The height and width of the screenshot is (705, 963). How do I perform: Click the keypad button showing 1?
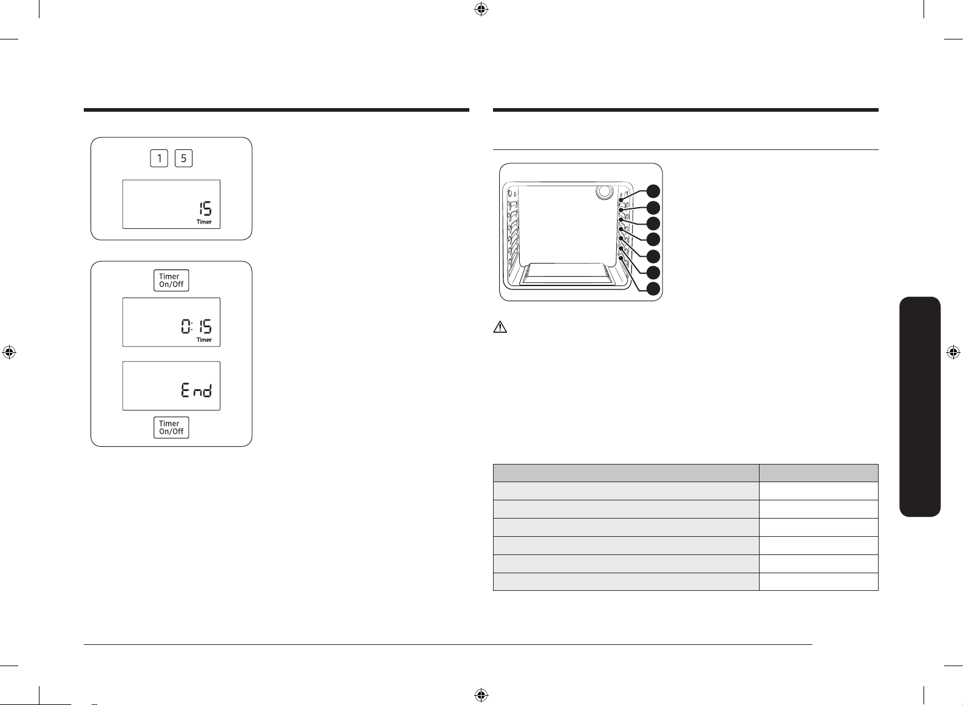(x=159, y=158)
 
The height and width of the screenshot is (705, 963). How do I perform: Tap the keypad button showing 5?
(x=183, y=158)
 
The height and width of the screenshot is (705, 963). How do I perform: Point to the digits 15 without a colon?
(x=205, y=209)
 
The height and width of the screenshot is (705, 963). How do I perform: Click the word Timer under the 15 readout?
(x=204, y=222)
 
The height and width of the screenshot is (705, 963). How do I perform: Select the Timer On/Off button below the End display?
(x=172, y=427)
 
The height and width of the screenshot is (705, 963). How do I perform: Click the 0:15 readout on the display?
(x=197, y=327)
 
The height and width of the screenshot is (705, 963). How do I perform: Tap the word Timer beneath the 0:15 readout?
(x=204, y=339)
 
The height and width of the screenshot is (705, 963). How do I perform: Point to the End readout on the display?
(x=197, y=390)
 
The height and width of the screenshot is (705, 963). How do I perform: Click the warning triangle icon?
(x=500, y=327)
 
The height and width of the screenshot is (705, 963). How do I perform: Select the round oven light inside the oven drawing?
(x=604, y=191)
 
